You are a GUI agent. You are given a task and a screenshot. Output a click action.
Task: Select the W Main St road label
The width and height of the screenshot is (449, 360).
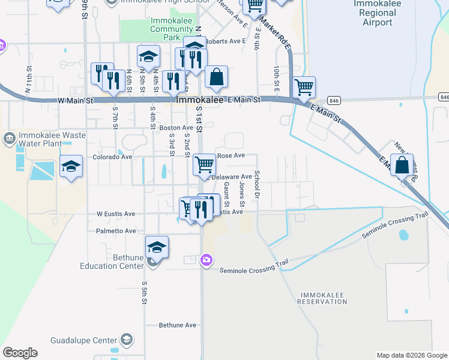click(76, 101)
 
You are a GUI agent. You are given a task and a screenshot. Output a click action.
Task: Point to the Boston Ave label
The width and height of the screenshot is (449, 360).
click(176, 128)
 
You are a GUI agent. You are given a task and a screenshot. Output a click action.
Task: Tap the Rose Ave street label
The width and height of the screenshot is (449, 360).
click(231, 155)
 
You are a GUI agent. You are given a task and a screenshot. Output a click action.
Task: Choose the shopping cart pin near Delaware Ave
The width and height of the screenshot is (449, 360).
click(205, 164)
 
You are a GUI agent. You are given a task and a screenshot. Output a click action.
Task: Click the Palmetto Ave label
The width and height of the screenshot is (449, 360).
click(116, 231)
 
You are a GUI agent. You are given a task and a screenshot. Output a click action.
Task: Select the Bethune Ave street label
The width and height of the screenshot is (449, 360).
click(178, 325)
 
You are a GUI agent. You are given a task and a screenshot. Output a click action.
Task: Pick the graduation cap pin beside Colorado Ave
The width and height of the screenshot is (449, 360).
click(71, 166)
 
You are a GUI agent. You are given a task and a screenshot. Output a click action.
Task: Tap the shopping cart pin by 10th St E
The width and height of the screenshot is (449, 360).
click(304, 86)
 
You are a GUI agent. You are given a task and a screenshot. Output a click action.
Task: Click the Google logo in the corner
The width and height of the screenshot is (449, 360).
click(20, 353)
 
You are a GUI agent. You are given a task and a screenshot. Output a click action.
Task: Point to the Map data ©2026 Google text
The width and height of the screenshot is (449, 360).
click(411, 355)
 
